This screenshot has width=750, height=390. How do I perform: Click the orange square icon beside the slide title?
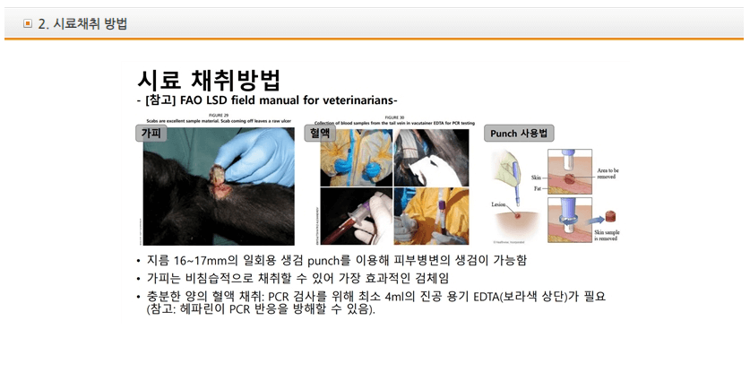coord(28,24)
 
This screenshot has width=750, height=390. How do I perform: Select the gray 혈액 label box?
coord(320,133)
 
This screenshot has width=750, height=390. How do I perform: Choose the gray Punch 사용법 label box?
coord(519,134)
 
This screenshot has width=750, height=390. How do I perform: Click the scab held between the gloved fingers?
coord(219,171)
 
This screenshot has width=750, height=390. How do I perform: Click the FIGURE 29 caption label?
coord(220,116)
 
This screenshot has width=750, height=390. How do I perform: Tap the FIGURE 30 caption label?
coord(393,116)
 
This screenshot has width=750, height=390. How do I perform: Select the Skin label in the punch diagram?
coord(537,178)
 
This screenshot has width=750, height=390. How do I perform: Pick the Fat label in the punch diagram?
coord(537,188)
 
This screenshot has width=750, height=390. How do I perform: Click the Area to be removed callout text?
coord(608,172)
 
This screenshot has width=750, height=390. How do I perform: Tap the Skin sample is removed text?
coord(607,235)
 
